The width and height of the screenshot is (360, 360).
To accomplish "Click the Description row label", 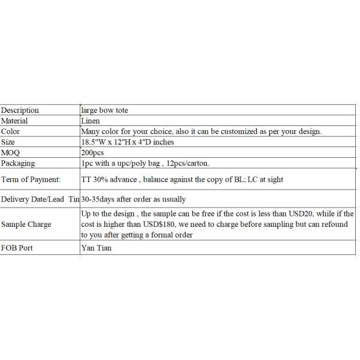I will [20, 110].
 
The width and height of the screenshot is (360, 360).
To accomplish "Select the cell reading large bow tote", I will [104, 110].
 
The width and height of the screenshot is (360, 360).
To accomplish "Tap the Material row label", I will [14, 121].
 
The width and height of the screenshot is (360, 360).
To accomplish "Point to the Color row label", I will [10, 131].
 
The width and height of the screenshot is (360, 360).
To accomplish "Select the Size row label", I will [8, 142].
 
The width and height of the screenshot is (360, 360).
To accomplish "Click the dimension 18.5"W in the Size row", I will [93, 142].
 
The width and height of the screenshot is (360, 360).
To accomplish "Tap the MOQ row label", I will [11, 152].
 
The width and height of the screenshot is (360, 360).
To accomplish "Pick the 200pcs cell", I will [92, 152].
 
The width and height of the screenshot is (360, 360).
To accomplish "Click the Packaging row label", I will [17, 163].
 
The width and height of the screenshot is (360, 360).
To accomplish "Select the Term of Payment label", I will [31, 179].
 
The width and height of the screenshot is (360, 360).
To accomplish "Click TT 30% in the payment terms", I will [94, 179].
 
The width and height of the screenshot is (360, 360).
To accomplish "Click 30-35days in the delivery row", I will [98, 199].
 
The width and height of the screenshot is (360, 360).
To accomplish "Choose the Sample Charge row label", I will [26, 224].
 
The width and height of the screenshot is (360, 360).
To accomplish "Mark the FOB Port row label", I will [17, 248].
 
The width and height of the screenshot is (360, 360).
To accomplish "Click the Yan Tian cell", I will [96, 248].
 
